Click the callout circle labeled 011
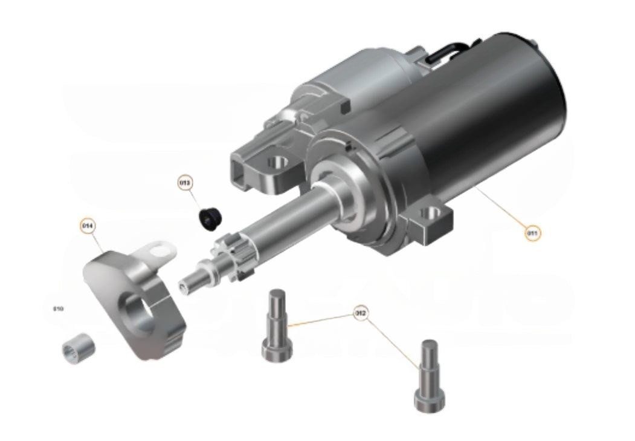click(532, 232)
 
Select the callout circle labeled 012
click(361, 313)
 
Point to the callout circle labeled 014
click(88, 226)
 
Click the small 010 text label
click(58, 309)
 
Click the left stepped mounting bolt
click(277, 327)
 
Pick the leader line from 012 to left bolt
click(320, 320)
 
